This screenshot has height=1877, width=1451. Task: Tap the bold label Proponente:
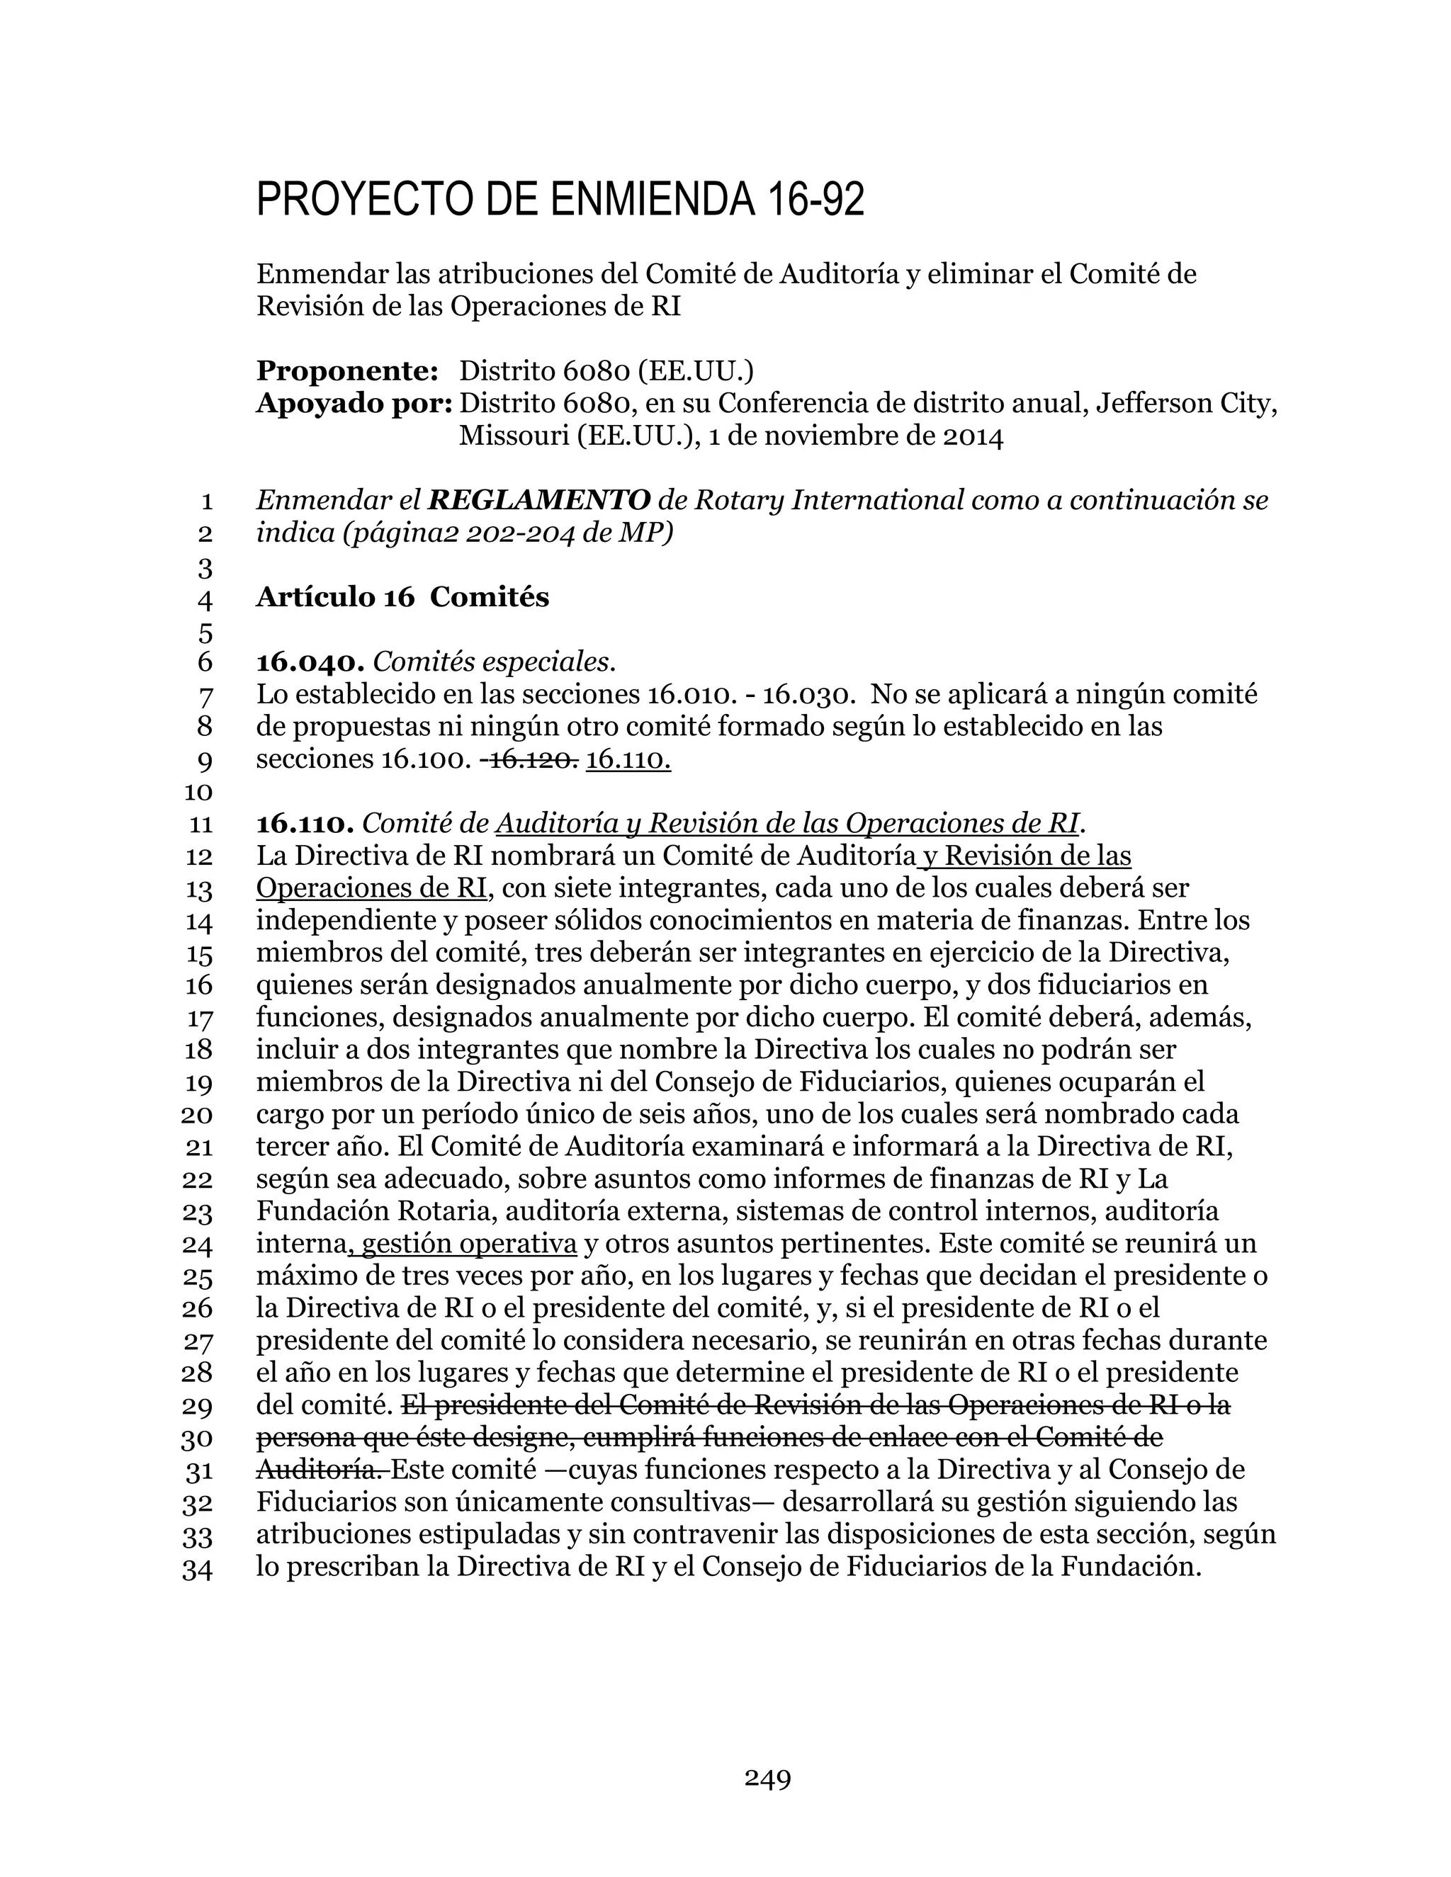point(347,371)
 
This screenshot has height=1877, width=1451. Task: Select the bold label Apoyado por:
point(354,403)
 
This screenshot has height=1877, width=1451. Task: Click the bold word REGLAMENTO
point(539,500)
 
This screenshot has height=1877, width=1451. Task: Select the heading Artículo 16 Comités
point(402,597)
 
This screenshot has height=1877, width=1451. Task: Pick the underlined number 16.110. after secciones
point(628,760)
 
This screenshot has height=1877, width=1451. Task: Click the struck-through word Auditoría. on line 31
point(322,1470)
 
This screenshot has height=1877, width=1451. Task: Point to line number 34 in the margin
point(198,1570)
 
